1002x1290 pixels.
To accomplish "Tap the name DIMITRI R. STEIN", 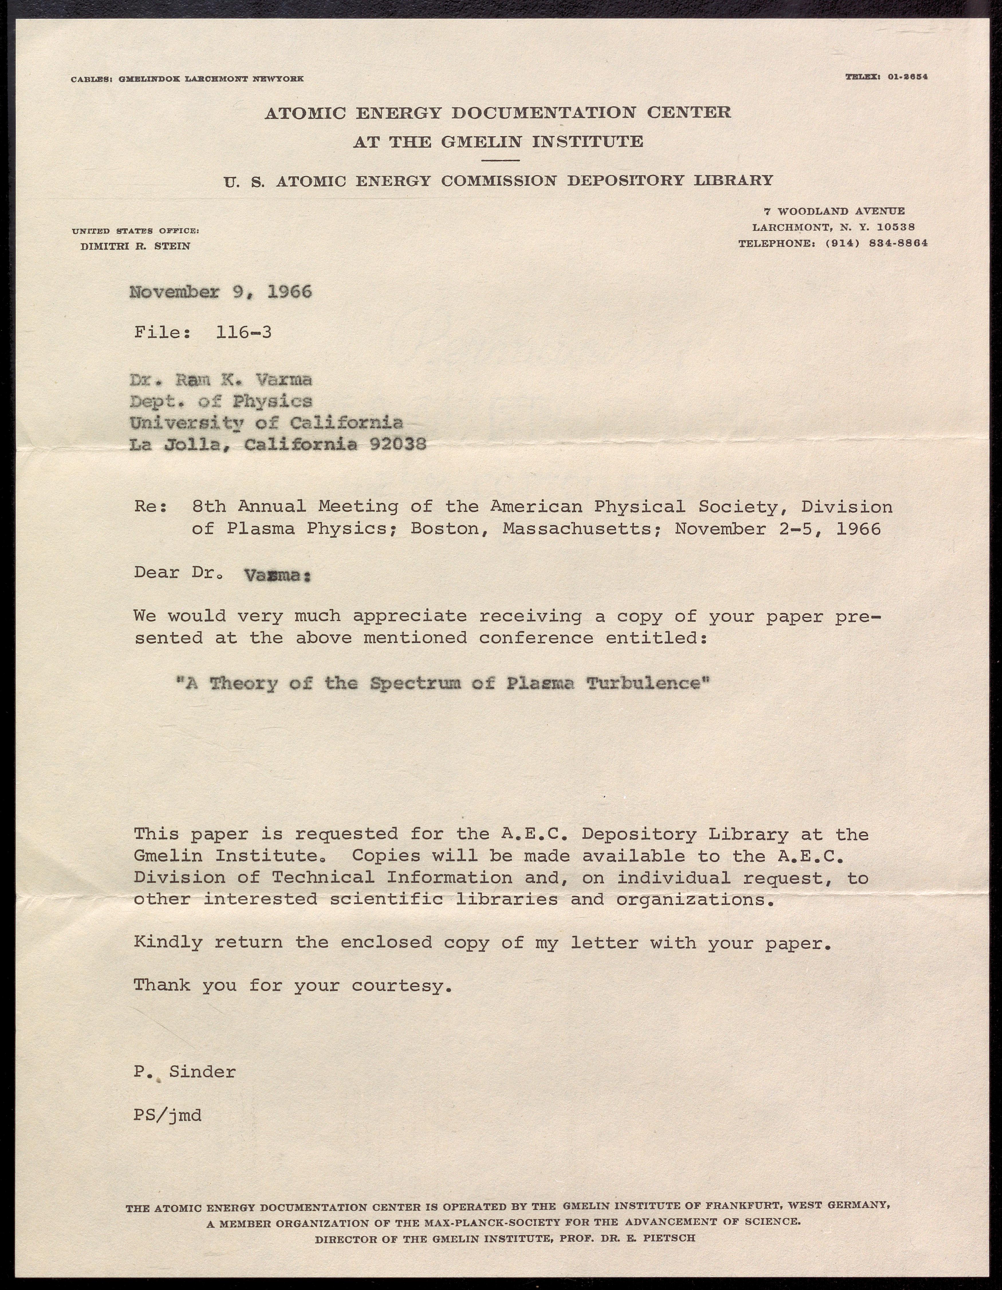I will pyautogui.click(x=135, y=246).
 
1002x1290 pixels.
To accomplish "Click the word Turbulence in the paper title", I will pyautogui.click(x=647, y=683).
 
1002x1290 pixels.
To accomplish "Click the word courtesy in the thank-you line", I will pyautogui.click(x=402, y=986).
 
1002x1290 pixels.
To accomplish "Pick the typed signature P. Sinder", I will pyautogui.click(x=184, y=1071).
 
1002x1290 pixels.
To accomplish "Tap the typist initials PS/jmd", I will pyautogui.click(x=167, y=1116).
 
